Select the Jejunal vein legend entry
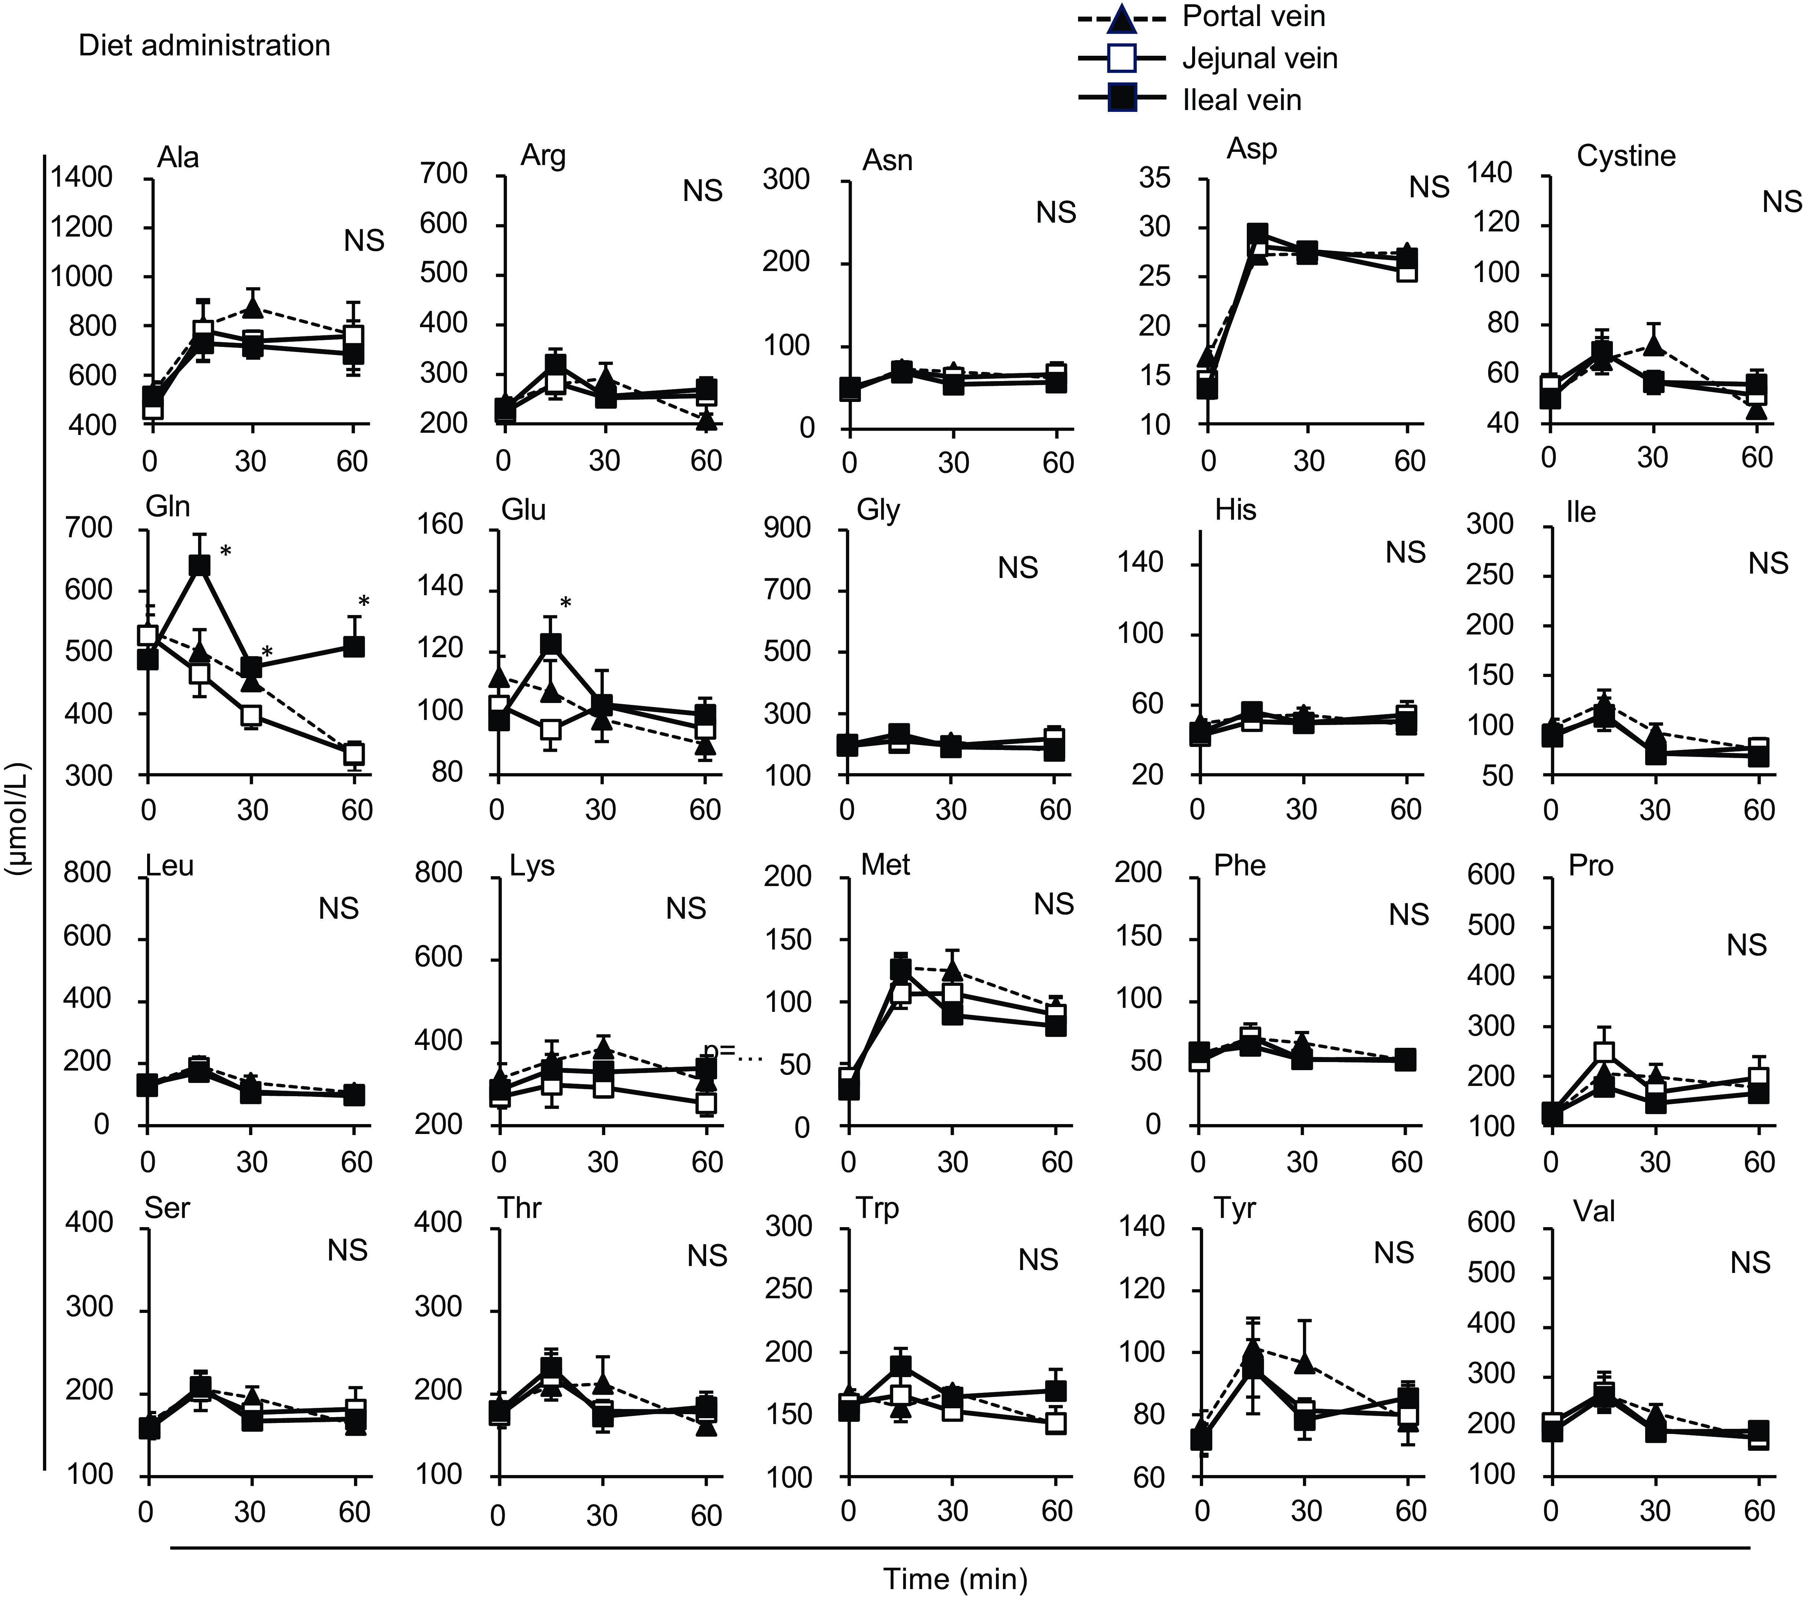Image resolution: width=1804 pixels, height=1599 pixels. (1259, 58)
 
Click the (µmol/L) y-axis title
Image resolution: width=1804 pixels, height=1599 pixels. (18, 818)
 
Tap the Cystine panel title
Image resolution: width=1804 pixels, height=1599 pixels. (1626, 156)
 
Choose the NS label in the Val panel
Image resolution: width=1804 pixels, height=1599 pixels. (1750, 1263)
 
